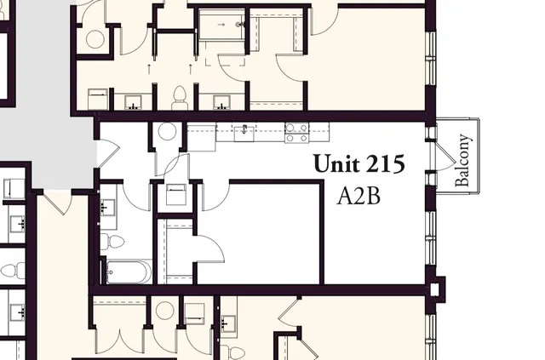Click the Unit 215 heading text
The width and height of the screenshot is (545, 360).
click(x=359, y=163)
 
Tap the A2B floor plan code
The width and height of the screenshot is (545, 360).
click(x=359, y=197)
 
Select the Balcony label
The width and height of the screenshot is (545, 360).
click(x=464, y=162)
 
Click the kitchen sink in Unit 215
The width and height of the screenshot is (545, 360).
click(x=245, y=130)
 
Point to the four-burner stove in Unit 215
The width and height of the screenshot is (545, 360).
click(x=296, y=132)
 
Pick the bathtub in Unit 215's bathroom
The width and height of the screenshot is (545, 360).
click(x=129, y=272)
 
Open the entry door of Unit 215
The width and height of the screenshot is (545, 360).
click(x=106, y=152)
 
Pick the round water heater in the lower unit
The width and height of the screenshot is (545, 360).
click(x=164, y=311)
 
